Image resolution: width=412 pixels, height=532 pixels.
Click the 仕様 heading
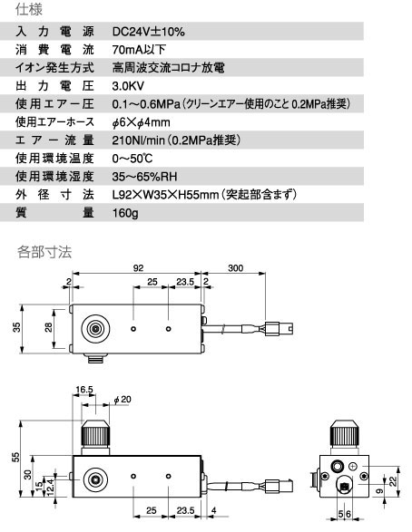click(x=29, y=9)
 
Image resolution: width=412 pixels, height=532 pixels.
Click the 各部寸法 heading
click(x=44, y=252)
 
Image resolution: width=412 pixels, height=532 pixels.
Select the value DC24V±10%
click(x=149, y=32)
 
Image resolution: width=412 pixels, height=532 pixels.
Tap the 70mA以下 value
click(x=139, y=50)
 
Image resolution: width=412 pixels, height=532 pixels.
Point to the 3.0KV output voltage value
click(x=128, y=86)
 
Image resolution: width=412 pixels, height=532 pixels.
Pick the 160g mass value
click(x=125, y=213)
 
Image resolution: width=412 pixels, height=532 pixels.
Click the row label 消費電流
click(x=54, y=50)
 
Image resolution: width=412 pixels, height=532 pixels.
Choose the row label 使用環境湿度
click(x=54, y=177)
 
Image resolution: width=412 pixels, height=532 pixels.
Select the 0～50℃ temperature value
click(x=132, y=159)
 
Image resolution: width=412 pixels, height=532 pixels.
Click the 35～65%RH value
click(x=144, y=177)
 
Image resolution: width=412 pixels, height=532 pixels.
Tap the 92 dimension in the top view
click(x=138, y=268)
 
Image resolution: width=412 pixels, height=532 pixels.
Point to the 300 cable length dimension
click(x=235, y=268)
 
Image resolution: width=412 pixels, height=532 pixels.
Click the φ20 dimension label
click(x=123, y=400)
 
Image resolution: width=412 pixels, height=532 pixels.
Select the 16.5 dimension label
click(x=84, y=389)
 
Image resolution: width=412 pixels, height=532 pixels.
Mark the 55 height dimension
click(x=16, y=457)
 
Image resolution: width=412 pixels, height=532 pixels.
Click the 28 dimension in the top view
click(x=49, y=327)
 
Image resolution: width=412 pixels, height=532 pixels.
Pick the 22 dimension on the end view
click(x=393, y=481)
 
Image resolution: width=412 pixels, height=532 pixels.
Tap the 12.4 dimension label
click(x=50, y=488)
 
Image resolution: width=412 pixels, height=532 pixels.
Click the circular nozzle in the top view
click(x=95, y=329)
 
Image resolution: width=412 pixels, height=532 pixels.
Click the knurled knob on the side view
click(x=95, y=438)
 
